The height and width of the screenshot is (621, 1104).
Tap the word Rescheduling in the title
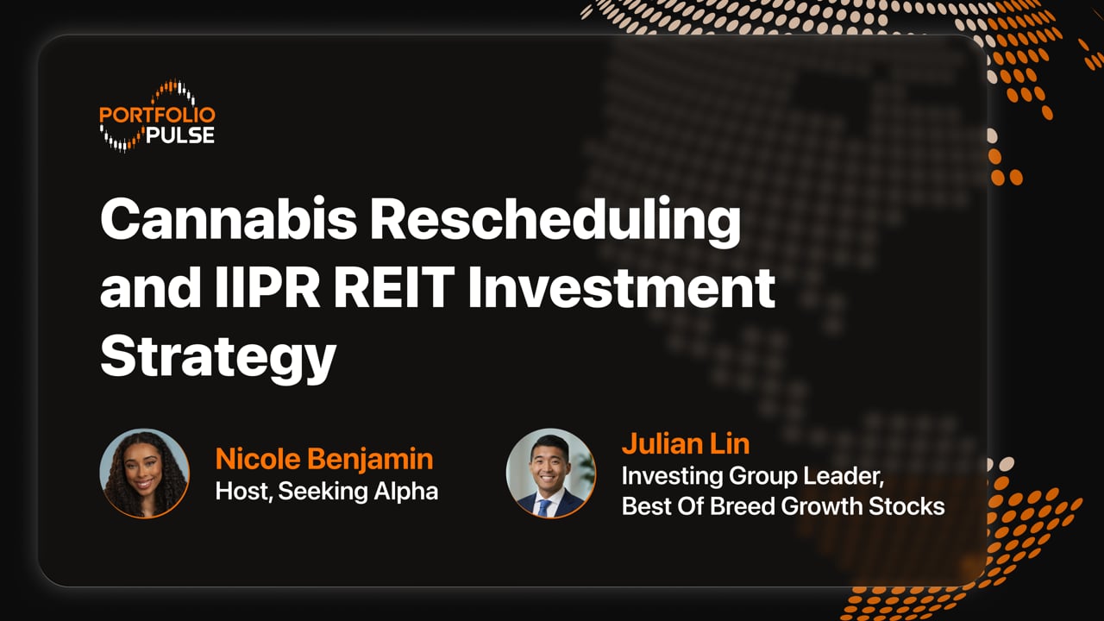(555, 220)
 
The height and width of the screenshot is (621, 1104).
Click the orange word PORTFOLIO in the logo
(157, 115)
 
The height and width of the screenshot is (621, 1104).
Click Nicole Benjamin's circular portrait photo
(144, 474)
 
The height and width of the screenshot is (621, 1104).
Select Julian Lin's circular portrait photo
(550, 474)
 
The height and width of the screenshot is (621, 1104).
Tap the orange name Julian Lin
(685, 444)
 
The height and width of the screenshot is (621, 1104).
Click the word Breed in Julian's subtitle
(743, 506)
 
